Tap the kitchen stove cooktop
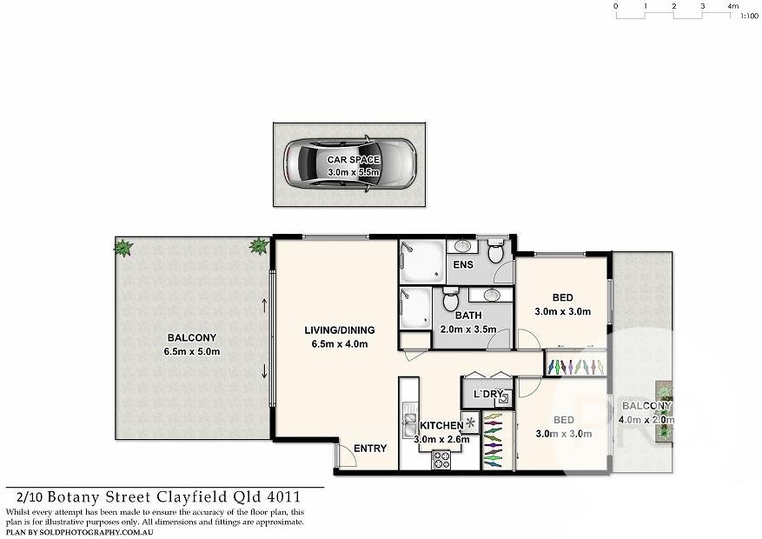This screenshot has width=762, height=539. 441,460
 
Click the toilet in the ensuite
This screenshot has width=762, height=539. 494,253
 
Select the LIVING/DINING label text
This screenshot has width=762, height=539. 339,330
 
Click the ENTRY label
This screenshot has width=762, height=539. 370,449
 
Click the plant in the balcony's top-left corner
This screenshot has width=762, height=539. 123,249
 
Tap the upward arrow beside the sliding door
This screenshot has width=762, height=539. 264,306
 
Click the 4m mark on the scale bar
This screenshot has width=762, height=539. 732,6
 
